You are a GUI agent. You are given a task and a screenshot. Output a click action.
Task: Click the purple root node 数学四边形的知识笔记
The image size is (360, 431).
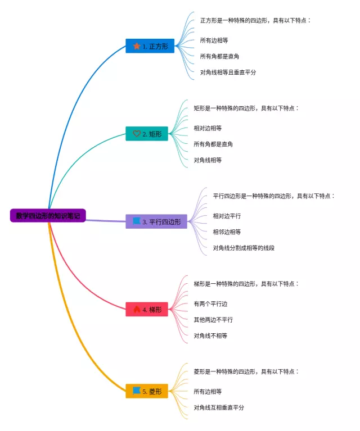(48, 215)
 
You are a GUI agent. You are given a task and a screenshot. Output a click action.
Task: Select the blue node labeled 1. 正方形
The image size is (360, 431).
(150, 46)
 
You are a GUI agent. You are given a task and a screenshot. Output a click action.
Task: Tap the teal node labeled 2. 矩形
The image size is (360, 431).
(147, 134)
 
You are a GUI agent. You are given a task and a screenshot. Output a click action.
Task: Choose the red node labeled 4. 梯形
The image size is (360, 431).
(147, 310)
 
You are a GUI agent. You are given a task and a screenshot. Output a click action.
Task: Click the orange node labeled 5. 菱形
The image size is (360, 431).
(147, 391)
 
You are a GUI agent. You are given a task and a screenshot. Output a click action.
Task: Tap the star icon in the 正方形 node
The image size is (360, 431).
(137, 46)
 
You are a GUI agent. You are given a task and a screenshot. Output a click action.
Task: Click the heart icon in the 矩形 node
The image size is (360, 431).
(136, 134)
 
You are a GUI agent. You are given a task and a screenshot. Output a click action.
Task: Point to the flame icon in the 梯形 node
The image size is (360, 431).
(137, 310)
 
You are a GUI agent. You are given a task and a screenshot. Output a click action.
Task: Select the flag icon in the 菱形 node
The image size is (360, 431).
(136, 391)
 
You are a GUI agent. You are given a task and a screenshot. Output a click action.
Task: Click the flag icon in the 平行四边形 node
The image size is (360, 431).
(136, 221)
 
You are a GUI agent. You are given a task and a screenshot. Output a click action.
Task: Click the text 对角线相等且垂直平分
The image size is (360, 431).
(228, 72)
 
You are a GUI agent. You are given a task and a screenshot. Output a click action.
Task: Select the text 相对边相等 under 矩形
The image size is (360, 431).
(208, 128)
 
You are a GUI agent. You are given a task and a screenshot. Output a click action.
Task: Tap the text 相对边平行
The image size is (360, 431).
(227, 216)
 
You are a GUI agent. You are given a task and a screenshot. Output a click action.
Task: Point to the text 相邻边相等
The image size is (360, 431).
(227, 232)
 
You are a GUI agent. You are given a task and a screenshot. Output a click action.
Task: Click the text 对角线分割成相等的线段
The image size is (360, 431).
(244, 248)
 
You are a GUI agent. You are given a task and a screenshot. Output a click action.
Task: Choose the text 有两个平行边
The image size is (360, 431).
(210, 304)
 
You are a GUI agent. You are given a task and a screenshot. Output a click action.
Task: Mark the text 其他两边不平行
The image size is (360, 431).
(213, 320)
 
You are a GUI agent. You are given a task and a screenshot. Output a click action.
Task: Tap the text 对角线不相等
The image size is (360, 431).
(210, 336)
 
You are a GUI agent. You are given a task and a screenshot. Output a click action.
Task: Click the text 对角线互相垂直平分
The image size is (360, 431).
(219, 407)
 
